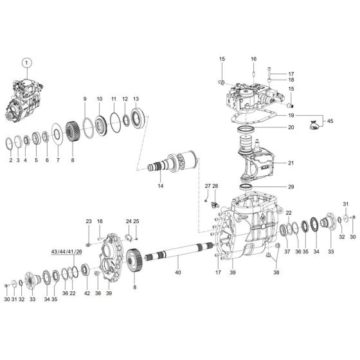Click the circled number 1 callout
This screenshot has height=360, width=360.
pos(26,63)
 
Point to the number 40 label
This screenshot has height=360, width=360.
pos(178,273)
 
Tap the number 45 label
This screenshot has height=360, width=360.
pos(331,121)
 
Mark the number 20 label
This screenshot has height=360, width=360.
pos(291,127)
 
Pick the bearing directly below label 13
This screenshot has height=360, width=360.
pos(136,120)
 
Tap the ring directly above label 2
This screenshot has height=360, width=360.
pos(10,141)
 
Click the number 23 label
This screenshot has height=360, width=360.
pos(89,221)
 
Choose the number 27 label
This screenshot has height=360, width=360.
pos(207,186)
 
